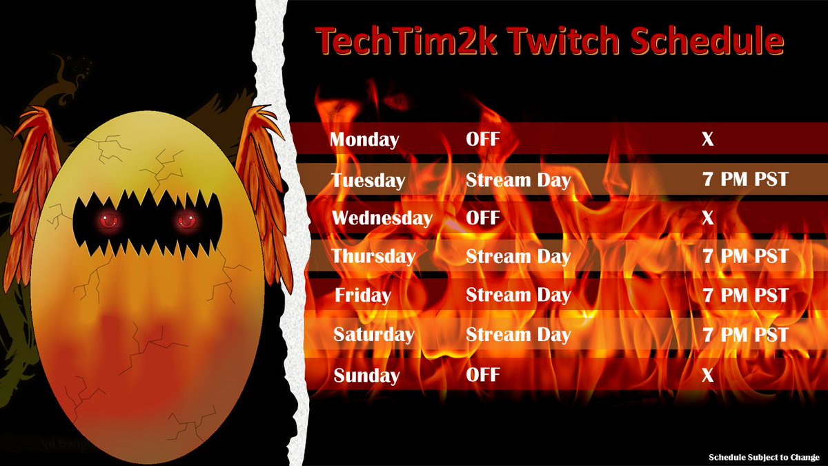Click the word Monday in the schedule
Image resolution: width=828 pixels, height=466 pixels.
364,140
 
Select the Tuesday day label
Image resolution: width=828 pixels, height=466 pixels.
368,181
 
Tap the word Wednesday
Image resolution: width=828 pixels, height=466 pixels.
382,219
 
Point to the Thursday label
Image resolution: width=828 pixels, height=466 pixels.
373,257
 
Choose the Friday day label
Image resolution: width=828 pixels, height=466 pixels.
363,296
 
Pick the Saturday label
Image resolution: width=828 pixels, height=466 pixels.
373,336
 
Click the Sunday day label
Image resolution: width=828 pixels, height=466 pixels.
366,376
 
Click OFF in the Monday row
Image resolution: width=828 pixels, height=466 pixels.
482,140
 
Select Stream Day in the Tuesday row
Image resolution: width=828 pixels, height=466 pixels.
518,181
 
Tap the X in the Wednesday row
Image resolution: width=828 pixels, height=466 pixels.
707,219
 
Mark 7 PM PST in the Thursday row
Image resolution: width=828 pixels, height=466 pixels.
745,257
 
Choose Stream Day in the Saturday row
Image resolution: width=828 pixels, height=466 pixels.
518,336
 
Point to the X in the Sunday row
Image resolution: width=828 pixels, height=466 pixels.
707,376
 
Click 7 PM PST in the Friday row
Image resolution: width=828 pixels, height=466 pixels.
745,296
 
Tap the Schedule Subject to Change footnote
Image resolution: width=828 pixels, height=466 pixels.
765,457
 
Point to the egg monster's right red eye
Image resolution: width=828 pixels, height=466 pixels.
185,222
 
